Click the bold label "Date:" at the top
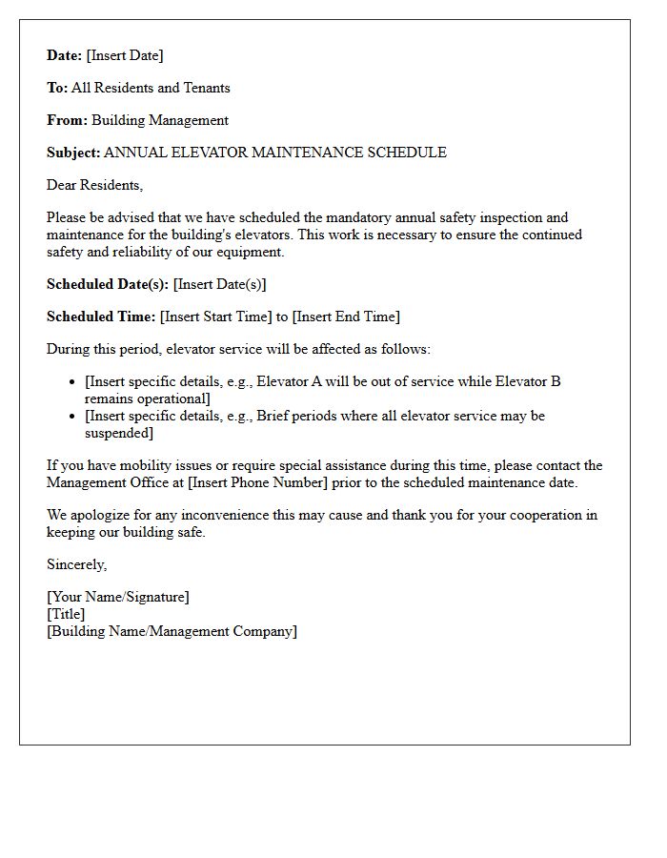point(65,55)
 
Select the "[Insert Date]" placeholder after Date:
point(125,55)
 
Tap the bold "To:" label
point(57,88)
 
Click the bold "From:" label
point(67,120)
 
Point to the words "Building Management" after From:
point(160,120)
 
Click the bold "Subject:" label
point(73,153)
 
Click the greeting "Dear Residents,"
point(94,185)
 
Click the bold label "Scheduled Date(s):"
point(108,284)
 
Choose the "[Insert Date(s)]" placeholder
point(220,284)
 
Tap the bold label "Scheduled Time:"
point(101,317)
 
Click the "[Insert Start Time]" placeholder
point(216,317)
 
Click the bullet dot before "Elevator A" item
point(73,382)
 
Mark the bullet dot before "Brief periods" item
point(73,417)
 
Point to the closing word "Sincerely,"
point(77,564)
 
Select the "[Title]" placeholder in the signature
point(66,614)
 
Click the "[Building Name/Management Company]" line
point(172,631)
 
